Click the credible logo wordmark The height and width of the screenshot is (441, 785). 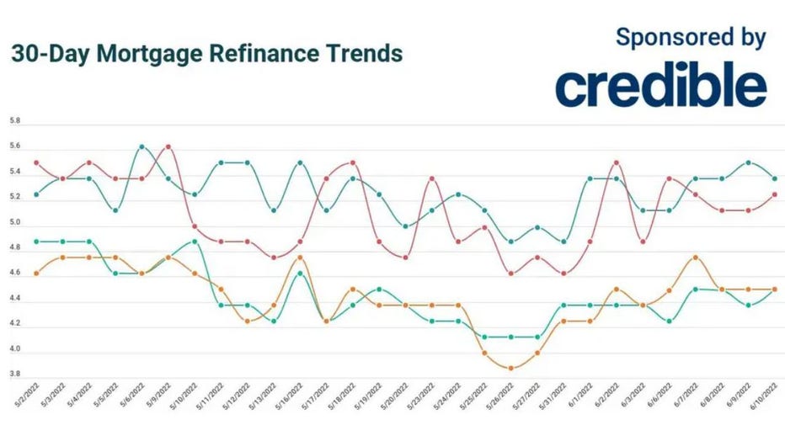tap(661, 88)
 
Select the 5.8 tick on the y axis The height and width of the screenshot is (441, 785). tap(14, 121)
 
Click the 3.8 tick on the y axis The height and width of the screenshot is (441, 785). tap(14, 375)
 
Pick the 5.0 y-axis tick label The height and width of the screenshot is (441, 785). tap(14, 223)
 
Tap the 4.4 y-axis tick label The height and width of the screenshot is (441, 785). tap(14, 299)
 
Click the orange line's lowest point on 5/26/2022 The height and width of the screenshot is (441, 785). tap(510, 368)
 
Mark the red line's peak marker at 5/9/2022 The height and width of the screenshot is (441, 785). tap(168, 146)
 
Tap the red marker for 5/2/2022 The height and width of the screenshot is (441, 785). tap(36, 162)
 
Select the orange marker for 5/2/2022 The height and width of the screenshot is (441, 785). tap(36, 274)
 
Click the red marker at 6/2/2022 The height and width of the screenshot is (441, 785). tap(617, 162)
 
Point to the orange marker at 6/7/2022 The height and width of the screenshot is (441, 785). tap(696, 258)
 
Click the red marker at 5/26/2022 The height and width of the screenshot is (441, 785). tap(510, 273)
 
